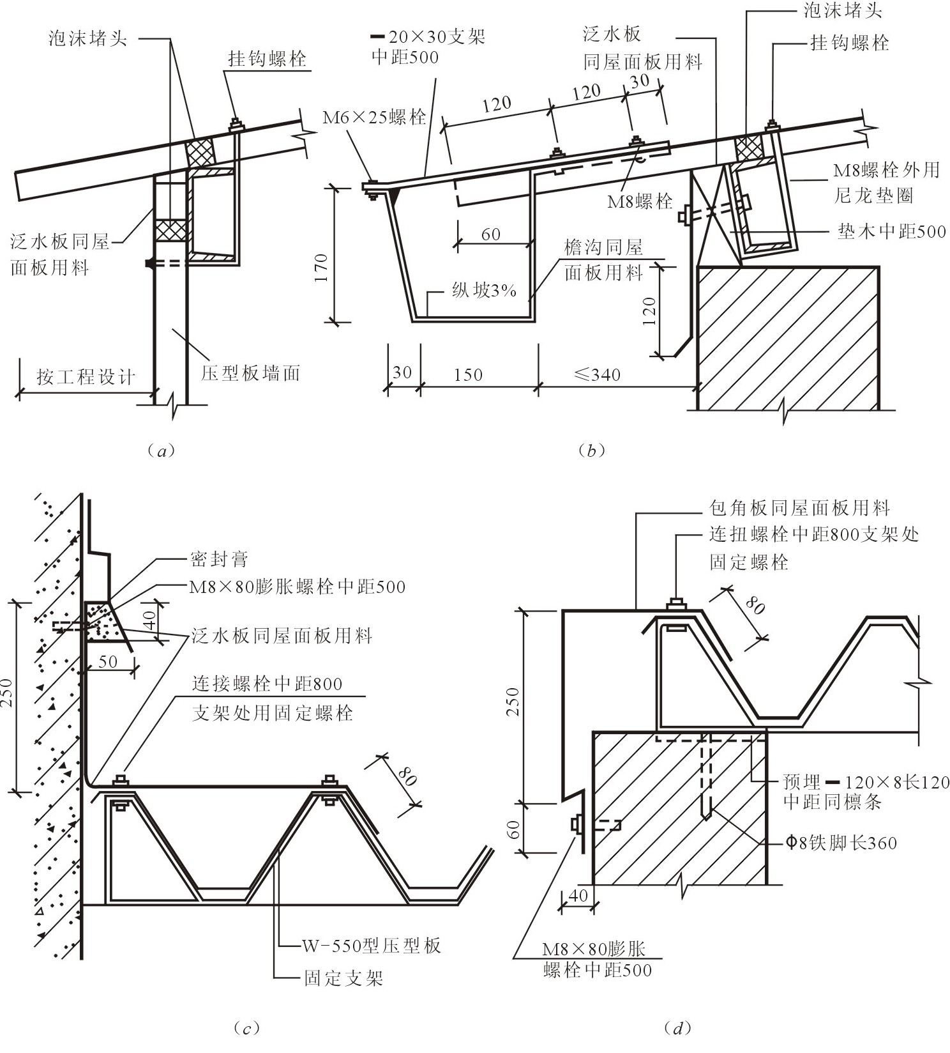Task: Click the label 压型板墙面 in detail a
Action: click(x=250, y=373)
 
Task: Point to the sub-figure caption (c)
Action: click(x=246, y=1028)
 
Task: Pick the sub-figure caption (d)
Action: click(x=678, y=1028)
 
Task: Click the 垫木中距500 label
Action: click(x=891, y=231)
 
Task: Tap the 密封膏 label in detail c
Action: click(x=219, y=560)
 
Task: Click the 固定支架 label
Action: click(x=343, y=978)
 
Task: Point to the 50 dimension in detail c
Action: click(x=108, y=661)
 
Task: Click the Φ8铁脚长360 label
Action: click(x=841, y=843)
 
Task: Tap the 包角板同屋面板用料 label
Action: click(x=799, y=509)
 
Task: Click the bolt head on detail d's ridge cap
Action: click(x=676, y=603)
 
